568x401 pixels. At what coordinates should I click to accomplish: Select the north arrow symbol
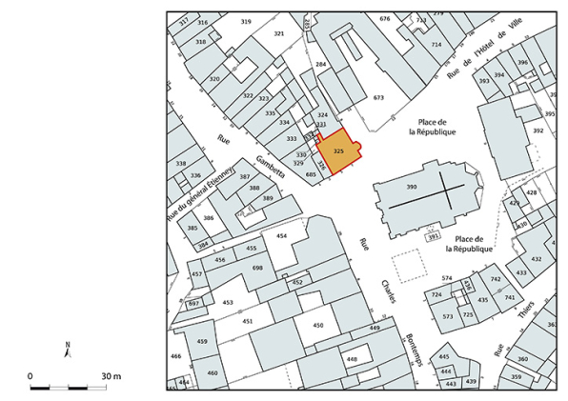coord(67,350)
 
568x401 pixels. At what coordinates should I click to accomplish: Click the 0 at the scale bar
coord(30,377)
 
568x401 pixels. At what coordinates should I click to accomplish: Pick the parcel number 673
coord(378,98)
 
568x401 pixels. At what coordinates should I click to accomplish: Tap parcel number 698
coord(257,269)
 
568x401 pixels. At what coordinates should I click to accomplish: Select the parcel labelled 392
coord(538,130)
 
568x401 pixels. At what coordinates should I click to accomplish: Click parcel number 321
coord(279,33)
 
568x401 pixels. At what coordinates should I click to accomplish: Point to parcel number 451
coord(248,322)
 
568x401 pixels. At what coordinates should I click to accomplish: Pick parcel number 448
coord(352,359)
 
